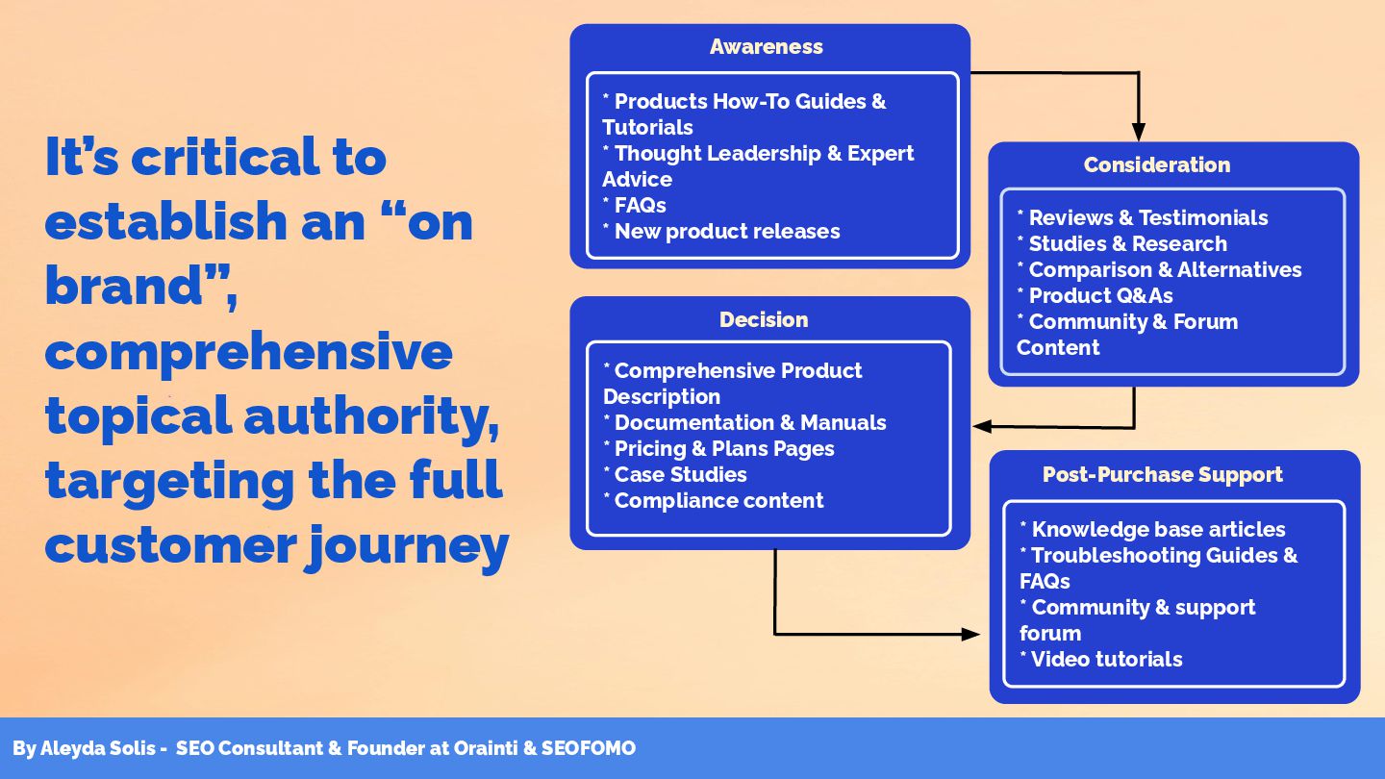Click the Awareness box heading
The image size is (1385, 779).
point(767,46)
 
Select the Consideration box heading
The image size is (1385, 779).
point(1156,164)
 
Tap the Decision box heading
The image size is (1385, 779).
point(764,319)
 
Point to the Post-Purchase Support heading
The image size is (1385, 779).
point(1162,474)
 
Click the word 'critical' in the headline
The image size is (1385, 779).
point(259,157)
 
